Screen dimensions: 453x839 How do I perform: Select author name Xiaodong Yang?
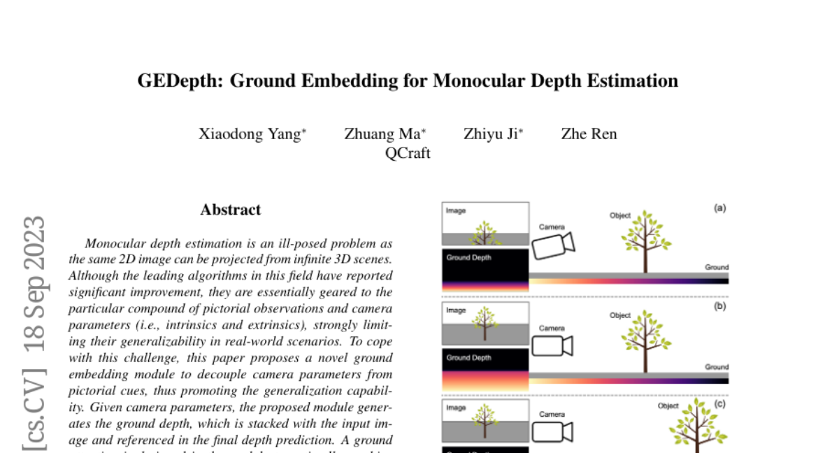click(x=250, y=134)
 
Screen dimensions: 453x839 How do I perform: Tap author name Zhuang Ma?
click(x=382, y=134)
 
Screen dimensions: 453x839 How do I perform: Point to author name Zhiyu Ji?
click(x=490, y=134)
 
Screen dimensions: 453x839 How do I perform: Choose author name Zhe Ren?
click(x=589, y=134)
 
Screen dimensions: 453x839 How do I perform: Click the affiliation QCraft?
click(x=408, y=153)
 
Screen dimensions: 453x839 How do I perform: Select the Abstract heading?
click(x=230, y=210)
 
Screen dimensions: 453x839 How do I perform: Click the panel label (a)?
click(x=719, y=208)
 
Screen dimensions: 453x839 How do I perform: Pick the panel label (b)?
click(x=719, y=305)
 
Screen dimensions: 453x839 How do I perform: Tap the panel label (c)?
click(x=719, y=403)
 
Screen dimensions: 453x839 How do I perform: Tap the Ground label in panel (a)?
click(x=717, y=267)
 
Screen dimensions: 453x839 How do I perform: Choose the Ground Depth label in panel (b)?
click(x=468, y=358)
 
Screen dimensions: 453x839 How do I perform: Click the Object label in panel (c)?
click(x=668, y=406)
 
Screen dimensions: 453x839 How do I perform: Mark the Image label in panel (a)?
click(x=456, y=210)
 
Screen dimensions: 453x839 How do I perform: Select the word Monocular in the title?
click(x=478, y=81)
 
